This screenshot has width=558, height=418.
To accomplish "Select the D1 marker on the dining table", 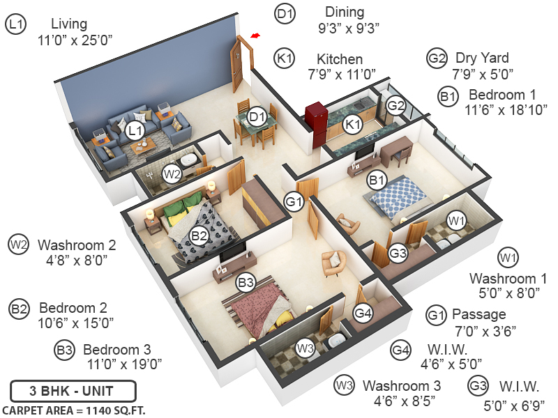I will [257, 117].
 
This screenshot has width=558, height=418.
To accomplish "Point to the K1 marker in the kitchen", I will [352, 125].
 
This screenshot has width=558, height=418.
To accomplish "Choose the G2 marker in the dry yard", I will [396, 106].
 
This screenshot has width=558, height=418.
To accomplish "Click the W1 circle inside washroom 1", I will [456, 222].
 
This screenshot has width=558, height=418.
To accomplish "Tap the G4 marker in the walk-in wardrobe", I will [363, 313].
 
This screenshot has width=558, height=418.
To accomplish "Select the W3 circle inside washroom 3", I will [305, 348].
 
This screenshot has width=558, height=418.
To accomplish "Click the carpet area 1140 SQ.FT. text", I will [74, 409].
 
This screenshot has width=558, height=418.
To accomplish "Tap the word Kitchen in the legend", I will [340, 59].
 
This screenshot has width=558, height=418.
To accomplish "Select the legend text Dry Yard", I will [482, 58].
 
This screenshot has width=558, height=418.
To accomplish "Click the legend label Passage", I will [479, 314].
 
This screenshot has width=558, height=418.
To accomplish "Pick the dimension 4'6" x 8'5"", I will [402, 401].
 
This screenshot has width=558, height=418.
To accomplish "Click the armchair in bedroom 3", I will [333, 263].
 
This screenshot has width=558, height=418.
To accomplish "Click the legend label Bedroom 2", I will [73, 307].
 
